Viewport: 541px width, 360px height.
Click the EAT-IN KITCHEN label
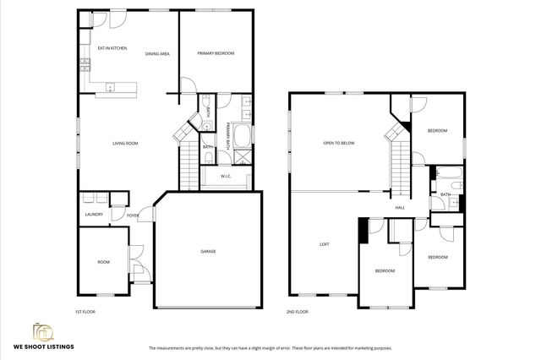[112, 48]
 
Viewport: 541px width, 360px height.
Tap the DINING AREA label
[157, 54]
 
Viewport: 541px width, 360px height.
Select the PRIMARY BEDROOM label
[216, 54]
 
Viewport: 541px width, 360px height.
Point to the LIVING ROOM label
[125, 143]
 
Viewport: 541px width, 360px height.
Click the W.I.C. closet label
[226, 176]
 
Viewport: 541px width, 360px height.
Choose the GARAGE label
[208, 251]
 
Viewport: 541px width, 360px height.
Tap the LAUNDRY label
[94, 214]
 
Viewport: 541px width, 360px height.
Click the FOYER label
[133, 215]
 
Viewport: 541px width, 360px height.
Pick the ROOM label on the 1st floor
[103, 262]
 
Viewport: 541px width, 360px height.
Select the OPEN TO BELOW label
[338, 143]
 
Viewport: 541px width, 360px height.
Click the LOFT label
[323, 244]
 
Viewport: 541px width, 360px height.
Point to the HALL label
[400, 207]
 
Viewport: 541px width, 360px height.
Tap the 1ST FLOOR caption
[85, 312]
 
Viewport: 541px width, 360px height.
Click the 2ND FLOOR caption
[296, 312]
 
